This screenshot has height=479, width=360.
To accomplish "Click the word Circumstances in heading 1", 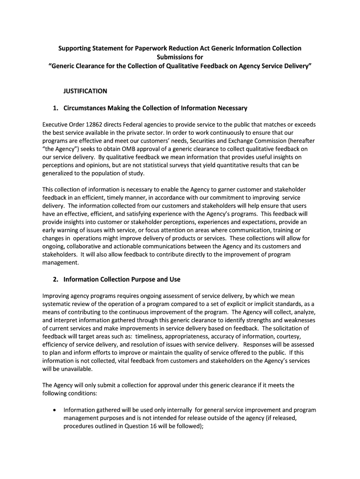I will [85, 108].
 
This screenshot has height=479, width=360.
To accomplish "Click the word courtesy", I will [300, 336].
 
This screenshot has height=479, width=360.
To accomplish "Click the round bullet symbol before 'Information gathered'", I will [55, 410].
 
